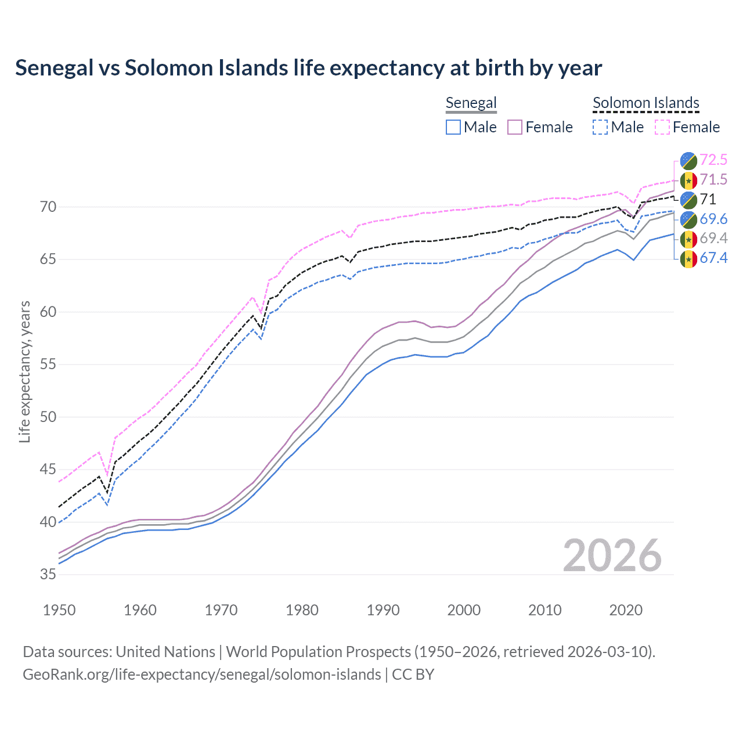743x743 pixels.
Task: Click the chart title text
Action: tap(308, 68)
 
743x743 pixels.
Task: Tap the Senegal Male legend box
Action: tap(453, 127)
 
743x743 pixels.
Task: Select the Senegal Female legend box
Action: tap(515, 127)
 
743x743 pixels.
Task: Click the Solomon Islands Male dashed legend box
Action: tap(600, 127)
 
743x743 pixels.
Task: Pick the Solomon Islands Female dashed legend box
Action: tap(662, 127)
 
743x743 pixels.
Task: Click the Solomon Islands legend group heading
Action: tap(645, 103)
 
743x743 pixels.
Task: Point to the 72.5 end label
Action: tap(713, 160)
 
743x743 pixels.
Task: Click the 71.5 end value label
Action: tap(713, 179)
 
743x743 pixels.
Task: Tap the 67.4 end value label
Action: tap(713, 258)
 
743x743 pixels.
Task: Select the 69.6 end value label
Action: tap(713, 219)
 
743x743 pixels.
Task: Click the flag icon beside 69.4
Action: tap(688, 239)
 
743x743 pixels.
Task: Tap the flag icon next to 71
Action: tap(688, 200)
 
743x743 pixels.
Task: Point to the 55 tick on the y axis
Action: tap(48, 365)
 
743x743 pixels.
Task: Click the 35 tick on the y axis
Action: tap(48, 575)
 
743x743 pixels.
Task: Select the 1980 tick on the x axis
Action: tap(302, 610)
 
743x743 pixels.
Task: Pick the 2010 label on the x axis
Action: tap(544, 610)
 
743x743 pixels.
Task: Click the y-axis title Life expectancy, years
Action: tap(25, 371)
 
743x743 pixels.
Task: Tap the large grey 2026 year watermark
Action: tap(612, 556)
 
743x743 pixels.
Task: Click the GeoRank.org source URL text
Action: tap(201, 675)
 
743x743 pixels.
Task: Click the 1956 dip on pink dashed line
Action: tap(107, 475)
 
